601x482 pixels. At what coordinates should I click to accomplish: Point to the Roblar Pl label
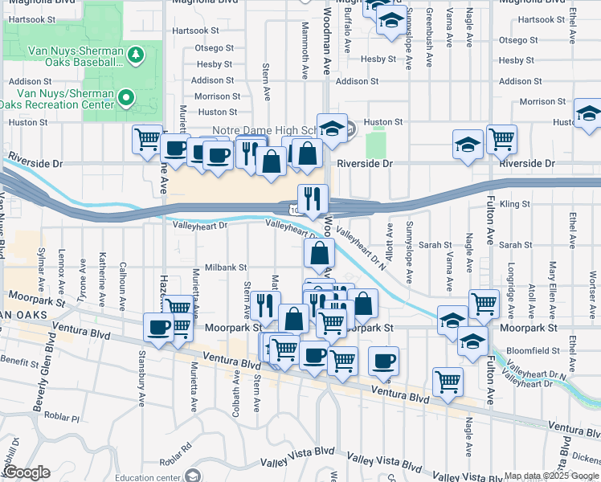[x=63, y=419]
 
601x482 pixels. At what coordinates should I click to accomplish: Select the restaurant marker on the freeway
[x=311, y=198]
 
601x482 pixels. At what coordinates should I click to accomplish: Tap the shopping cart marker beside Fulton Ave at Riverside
[x=501, y=138]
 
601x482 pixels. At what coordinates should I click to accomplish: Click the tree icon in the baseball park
[x=136, y=54]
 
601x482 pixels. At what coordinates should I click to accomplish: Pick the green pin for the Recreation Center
[x=125, y=98]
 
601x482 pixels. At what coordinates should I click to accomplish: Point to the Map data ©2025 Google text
[x=551, y=476]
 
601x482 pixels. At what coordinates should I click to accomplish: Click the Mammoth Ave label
[x=305, y=60]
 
